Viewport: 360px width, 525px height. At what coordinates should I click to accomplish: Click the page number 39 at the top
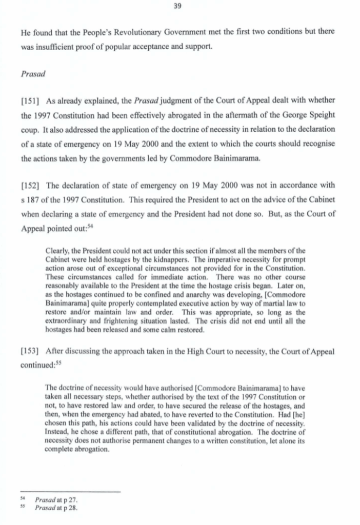click(181, 7)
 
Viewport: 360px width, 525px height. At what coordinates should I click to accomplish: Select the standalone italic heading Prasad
click(33, 73)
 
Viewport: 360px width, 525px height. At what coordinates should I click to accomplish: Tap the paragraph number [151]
click(31, 102)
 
